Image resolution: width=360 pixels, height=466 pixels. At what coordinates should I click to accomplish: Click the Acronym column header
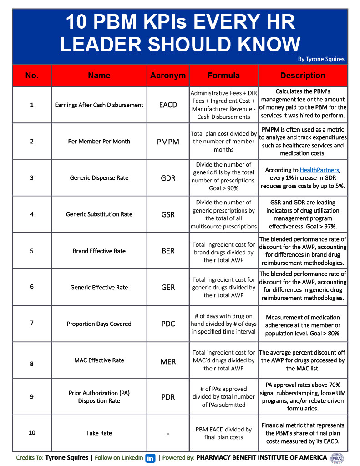coord(168,76)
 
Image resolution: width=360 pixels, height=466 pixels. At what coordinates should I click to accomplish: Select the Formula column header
coord(223,76)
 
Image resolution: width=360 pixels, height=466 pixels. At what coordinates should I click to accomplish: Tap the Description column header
coord(303,76)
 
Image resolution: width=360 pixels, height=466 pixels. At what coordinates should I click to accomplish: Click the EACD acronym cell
coord(168,105)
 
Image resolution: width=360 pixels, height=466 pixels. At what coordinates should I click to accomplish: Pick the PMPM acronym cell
coord(168,142)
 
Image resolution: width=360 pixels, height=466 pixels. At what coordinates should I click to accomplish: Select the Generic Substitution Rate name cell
coord(99,214)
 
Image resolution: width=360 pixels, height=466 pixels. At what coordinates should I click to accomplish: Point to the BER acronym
coord(168,251)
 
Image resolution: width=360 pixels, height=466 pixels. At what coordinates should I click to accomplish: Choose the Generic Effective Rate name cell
coord(99,288)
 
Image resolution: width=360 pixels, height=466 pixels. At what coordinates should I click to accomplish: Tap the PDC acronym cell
coord(168,324)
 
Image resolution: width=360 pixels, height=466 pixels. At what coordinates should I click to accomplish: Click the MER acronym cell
coord(168,360)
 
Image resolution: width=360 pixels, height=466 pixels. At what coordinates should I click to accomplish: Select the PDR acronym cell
coord(168,397)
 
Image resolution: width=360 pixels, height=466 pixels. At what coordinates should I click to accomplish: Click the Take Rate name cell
coord(99,433)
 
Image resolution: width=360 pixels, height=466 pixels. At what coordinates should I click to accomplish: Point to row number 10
coord(32,433)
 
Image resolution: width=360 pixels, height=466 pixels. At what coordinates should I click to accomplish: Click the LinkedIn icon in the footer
coord(150,458)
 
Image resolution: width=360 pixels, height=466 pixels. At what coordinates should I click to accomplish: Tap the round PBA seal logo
coord(337,458)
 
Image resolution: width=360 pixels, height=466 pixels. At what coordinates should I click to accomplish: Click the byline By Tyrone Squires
coord(321,59)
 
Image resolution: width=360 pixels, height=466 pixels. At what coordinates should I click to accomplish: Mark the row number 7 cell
coord(32,324)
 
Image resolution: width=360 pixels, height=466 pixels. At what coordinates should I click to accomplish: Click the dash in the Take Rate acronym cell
coord(168,434)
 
